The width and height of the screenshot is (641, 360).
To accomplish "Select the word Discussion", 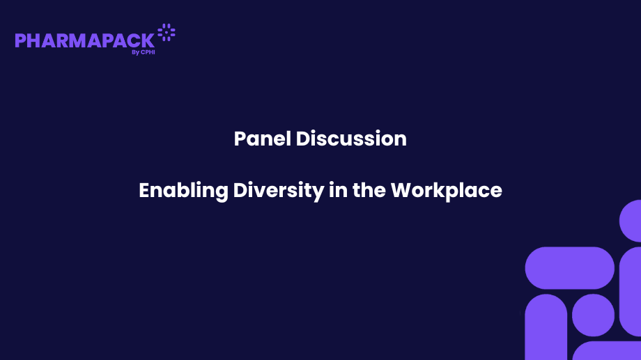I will tap(351, 139).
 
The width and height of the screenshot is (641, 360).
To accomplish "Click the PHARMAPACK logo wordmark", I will tap(84, 40).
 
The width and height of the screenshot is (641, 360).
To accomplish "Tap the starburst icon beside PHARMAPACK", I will tap(167, 31).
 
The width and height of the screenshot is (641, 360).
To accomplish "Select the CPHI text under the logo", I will tap(148, 52).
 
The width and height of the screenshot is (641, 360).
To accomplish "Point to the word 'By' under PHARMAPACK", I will tap(134, 52).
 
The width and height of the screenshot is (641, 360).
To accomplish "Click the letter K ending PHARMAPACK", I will tap(148, 40).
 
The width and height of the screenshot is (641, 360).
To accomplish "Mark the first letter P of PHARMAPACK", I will tap(20, 40).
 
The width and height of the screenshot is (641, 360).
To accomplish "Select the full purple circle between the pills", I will tap(593, 315).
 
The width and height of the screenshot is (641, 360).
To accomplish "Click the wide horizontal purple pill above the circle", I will tap(569, 268).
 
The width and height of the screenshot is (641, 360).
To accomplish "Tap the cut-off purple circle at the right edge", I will tap(631, 221).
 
